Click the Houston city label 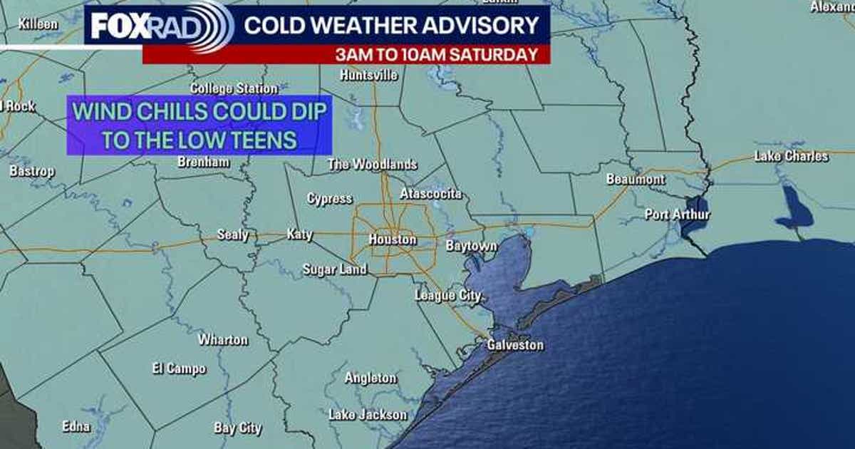[x=393, y=239]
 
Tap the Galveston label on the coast [x=515, y=345]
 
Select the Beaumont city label [x=636, y=180]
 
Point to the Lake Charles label [x=792, y=156]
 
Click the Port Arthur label [x=678, y=214]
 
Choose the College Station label [x=234, y=88]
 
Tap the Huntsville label [x=369, y=75]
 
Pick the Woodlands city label [x=373, y=165]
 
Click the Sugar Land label [x=335, y=269]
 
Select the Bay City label [x=238, y=428]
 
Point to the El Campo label [x=179, y=368]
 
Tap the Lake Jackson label [x=368, y=414]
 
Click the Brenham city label [x=204, y=162]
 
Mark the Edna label [x=76, y=426]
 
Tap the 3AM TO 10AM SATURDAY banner [x=437, y=54]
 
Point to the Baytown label [x=471, y=246]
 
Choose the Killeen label [x=38, y=24]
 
